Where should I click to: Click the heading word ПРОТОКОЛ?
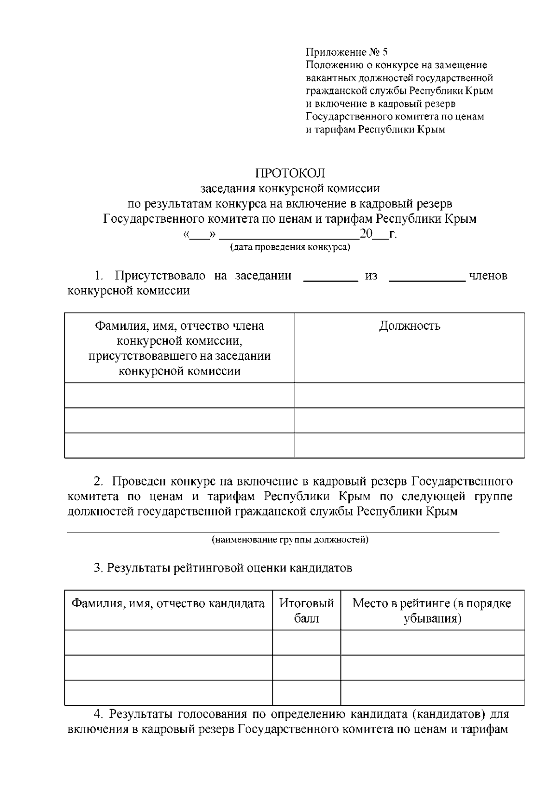[290, 174]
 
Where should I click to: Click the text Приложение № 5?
[347, 52]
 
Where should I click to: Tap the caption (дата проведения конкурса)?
[290, 247]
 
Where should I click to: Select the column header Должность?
[410, 326]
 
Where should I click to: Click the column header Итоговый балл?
[306, 611]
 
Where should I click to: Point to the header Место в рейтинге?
[432, 604]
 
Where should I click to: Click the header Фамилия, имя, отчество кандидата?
[168, 604]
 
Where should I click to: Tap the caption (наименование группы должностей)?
[290, 540]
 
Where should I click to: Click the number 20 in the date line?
[366, 234]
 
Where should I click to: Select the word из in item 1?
[371, 276]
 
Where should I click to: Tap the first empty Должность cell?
[410, 396]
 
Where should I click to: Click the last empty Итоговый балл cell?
[306, 692]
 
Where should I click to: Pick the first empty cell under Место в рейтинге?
[432, 642]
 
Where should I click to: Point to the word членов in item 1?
[488, 276]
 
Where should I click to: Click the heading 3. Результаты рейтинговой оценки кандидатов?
[223, 568]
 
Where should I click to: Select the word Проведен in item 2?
[139, 482]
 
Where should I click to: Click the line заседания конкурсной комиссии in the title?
[290, 189]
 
